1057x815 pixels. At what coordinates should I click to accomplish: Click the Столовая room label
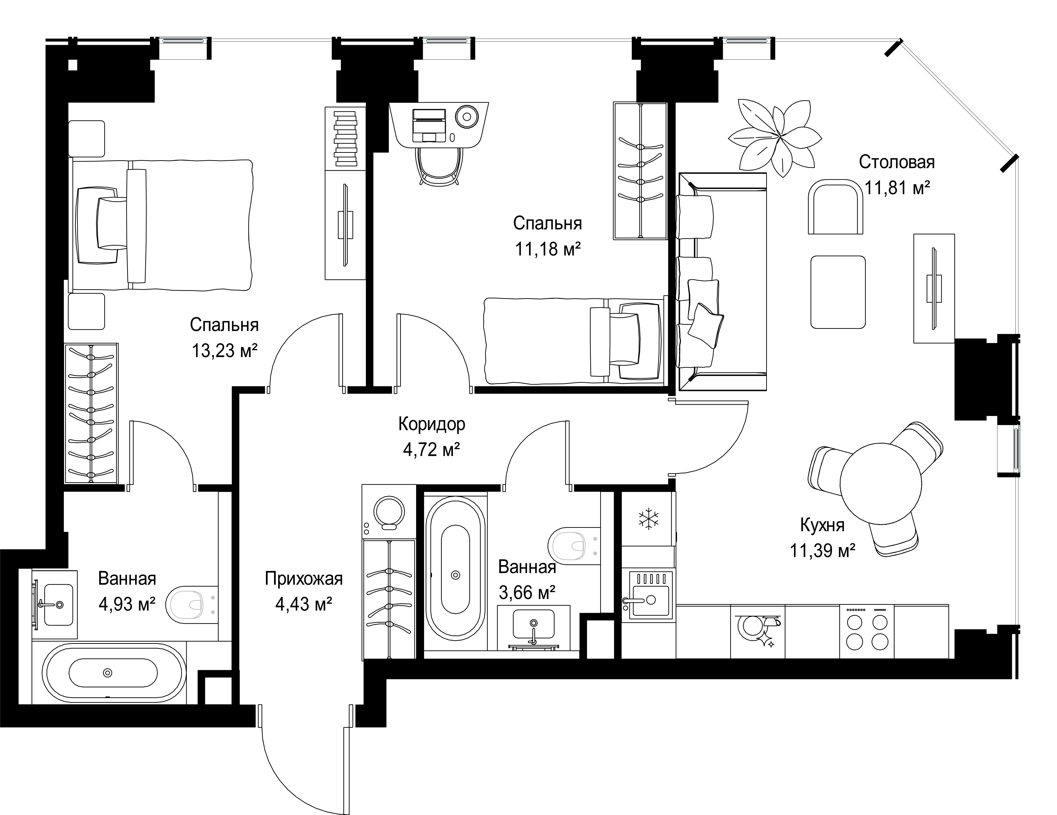896,162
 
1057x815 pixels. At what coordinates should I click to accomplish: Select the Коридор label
432,424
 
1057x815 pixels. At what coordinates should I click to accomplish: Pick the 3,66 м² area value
527,592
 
